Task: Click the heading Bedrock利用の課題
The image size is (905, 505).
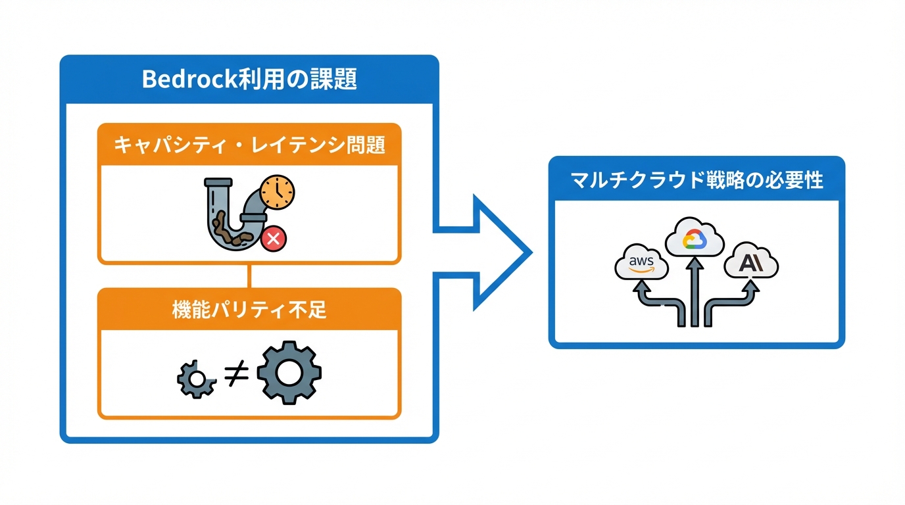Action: (249, 80)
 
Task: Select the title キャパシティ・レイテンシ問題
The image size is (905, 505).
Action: (249, 145)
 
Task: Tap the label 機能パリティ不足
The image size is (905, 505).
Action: (249, 310)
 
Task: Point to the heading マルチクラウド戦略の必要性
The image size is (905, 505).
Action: (697, 180)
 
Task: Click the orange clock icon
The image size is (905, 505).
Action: (277, 191)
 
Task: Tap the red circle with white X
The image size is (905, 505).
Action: (274, 240)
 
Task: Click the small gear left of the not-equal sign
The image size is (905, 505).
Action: (196, 379)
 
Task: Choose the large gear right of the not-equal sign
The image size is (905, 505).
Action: (289, 372)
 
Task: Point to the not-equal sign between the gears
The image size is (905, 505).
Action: (236, 374)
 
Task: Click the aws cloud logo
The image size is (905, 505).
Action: (641, 264)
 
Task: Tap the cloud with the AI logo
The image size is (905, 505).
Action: (750, 264)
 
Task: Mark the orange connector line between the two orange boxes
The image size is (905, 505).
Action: (249, 276)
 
